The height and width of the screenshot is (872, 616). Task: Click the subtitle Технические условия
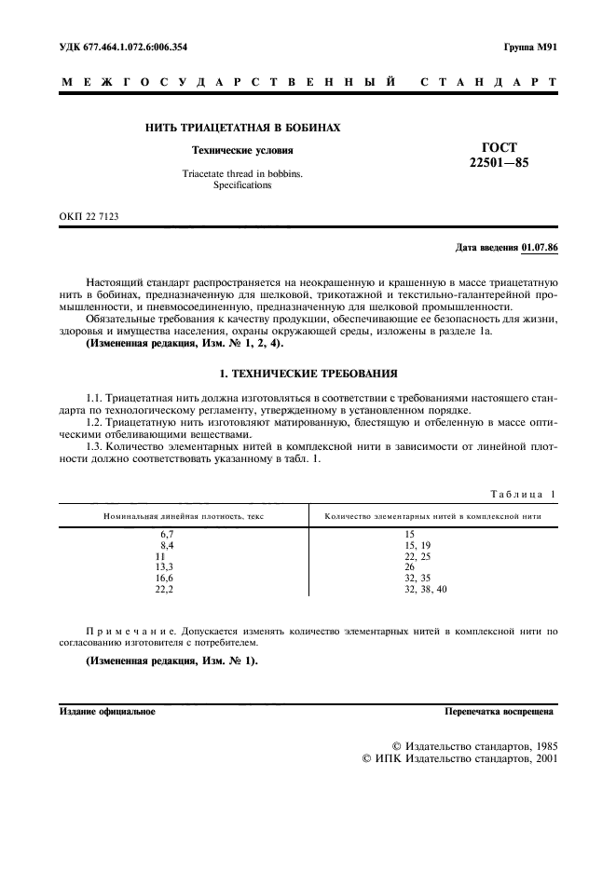(241, 150)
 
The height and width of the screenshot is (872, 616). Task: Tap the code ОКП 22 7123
(89, 216)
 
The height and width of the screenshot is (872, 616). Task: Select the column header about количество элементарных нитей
(431, 515)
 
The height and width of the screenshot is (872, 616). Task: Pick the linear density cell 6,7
(168, 534)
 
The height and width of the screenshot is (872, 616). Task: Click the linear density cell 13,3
(164, 566)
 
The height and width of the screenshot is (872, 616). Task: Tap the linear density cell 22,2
(164, 589)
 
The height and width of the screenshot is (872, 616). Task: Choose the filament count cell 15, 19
(418, 544)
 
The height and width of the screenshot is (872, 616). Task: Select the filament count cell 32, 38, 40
(426, 589)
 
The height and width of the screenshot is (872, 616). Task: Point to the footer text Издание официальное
(107, 712)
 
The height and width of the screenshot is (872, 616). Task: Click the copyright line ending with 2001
(459, 759)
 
